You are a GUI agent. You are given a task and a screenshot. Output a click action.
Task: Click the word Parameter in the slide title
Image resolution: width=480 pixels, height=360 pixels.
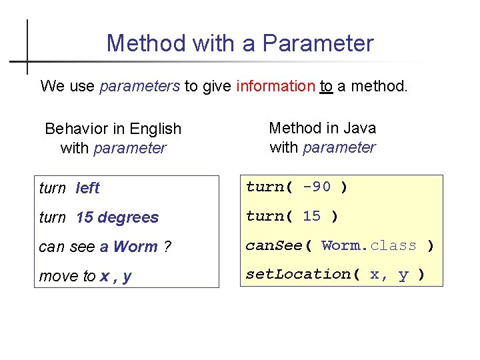tap(318, 43)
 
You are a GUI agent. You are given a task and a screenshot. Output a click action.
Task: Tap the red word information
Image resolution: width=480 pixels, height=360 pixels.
tap(275, 86)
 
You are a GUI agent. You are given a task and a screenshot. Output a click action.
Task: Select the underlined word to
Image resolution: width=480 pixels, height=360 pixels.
tap(326, 86)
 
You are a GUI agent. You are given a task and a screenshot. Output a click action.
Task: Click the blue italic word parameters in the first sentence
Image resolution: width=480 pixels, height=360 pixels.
tap(139, 86)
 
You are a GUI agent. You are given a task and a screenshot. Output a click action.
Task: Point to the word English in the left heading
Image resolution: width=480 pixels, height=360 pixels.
tap(156, 129)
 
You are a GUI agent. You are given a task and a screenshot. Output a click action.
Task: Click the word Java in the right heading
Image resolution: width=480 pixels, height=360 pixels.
tap(361, 128)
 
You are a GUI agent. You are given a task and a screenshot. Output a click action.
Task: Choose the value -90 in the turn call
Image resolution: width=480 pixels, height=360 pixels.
tap(317, 187)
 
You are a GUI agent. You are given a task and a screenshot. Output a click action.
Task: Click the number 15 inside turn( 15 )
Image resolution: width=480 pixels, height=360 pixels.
tap(311, 216)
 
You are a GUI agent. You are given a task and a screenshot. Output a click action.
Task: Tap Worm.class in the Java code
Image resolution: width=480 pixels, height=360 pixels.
tap(369, 245)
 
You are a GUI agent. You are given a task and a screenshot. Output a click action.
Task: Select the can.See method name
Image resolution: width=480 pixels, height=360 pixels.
tap(274, 245)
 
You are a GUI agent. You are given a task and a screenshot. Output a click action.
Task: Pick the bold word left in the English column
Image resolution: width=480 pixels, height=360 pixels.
tap(87, 188)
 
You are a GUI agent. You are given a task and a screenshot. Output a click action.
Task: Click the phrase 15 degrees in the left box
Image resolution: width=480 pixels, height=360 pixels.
tap(117, 217)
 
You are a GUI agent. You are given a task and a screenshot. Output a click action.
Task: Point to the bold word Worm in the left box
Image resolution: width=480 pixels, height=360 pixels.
tap(135, 247)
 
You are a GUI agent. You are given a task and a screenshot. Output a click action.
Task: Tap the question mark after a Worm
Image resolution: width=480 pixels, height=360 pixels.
tap(167, 247)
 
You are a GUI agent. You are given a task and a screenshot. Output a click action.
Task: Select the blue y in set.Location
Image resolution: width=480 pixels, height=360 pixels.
tap(403, 275)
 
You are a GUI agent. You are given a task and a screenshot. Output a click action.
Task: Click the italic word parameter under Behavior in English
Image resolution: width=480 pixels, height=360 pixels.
tap(130, 148)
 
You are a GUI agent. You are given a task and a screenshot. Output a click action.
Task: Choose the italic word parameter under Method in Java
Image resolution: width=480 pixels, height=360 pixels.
tap(339, 147)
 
